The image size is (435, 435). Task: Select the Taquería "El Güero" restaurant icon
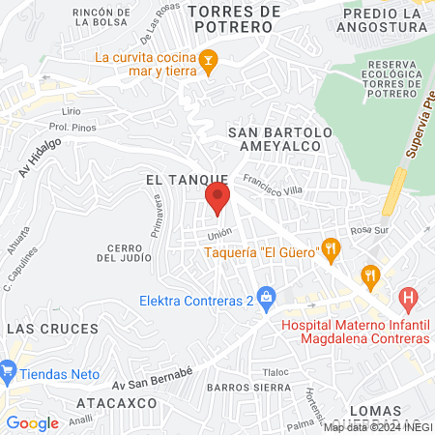click(331, 248)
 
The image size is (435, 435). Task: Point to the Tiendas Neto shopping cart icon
click(9, 369)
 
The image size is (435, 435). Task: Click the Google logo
click(32, 422)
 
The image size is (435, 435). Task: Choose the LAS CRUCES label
click(39, 330)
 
